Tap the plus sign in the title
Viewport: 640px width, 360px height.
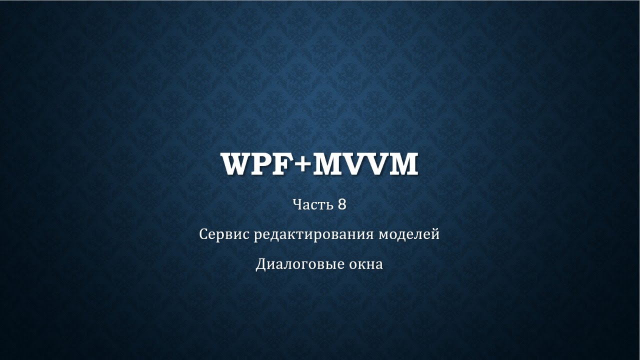[x=302, y=165]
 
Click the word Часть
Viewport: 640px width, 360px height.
[x=312, y=204]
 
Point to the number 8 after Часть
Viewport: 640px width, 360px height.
[x=342, y=204]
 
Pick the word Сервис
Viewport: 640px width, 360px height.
[x=224, y=234]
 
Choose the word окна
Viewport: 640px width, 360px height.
[x=367, y=264]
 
